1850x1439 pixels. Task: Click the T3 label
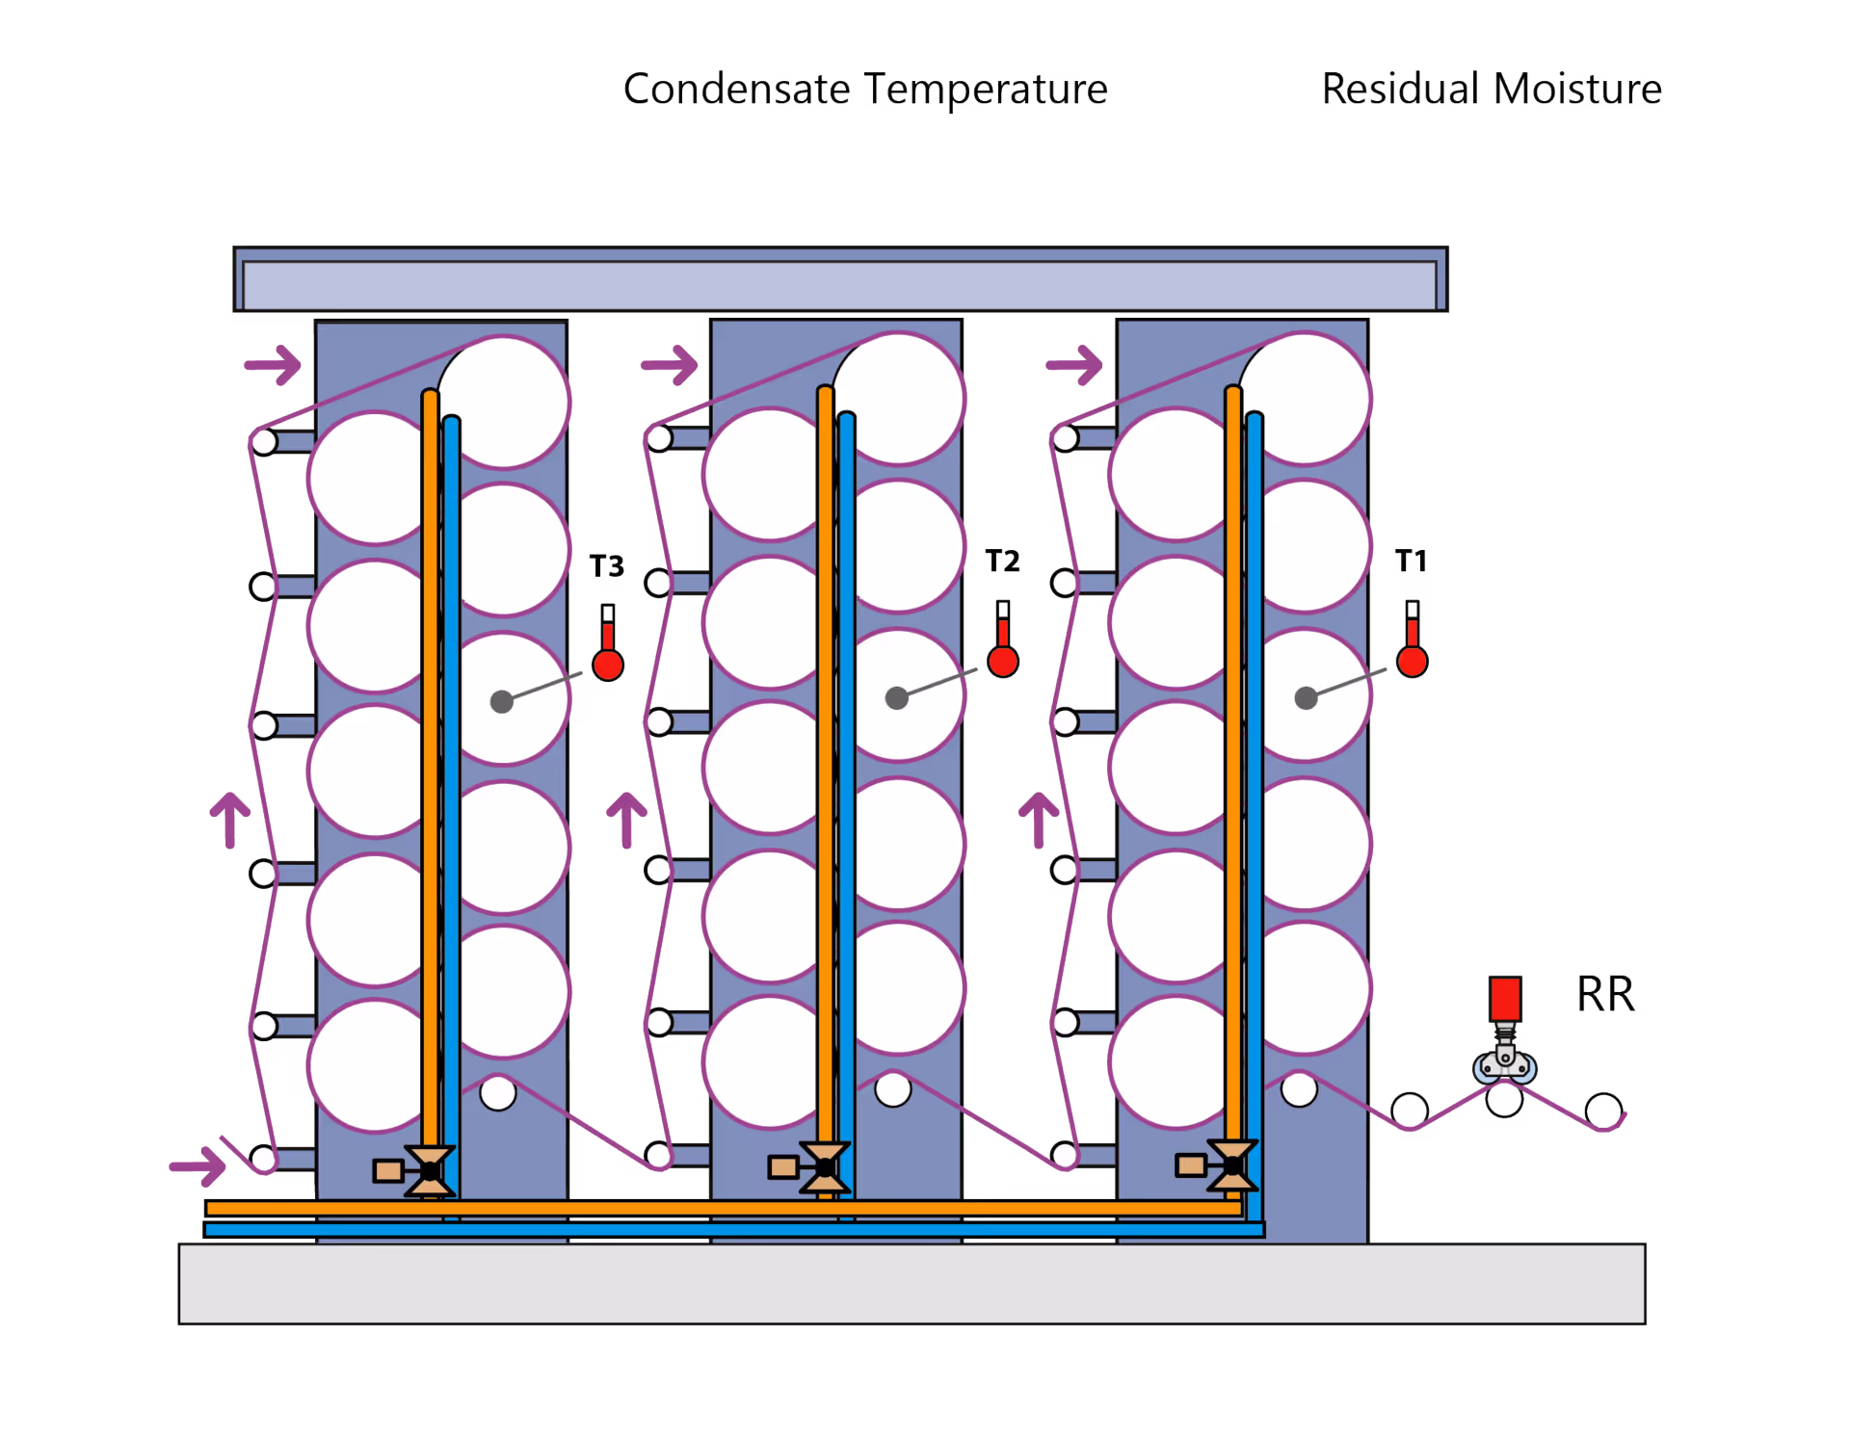click(x=606, y=565)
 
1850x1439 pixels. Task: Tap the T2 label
click(x=1002, y=561)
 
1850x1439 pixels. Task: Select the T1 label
click(x=1411, y=561)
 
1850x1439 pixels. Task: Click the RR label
click(x=1605, y=994)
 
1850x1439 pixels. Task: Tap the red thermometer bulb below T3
click(x=608, y=665)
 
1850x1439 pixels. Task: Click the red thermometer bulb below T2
click(x=1003, y=662)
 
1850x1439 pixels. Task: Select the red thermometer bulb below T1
click(x=1412, y=662)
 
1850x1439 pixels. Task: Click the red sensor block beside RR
click(x=1504, y=999)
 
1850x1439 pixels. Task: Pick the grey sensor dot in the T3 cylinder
click(x=501, y=701)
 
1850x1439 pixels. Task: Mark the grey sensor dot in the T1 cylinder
click(x=1306, y=698)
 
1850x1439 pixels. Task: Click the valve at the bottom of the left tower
click(x=430, y=1170)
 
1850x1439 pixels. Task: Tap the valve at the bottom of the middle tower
click(x=825, y=1167)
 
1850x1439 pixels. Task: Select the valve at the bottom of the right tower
click(x=1232, y=1165)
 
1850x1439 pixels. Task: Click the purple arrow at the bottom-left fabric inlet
click(x=198, y=1165)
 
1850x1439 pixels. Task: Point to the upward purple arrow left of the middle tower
click(x=626, y=819)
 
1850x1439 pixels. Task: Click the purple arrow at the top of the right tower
click(x=1074, y=365)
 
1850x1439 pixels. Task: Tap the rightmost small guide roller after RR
click(x=1603, y=1111)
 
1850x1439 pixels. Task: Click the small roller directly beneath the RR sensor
click(x=1504, y=1099)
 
